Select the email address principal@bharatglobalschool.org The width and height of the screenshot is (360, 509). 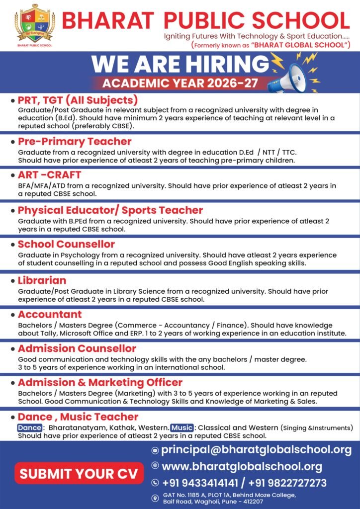[256, 450]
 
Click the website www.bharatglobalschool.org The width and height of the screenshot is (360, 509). [242, 466]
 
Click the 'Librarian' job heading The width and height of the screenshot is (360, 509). [42, 280]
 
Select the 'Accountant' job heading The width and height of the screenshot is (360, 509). [50, 314]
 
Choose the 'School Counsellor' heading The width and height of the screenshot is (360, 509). [66, 244]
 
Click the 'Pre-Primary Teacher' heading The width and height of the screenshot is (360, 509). [75, 141]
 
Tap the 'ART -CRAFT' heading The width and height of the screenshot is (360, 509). [49, 175]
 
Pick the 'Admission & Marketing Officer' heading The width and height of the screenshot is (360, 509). [100, 382]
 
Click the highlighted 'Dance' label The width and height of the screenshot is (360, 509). [29, 427]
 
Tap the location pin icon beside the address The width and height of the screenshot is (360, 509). [155, 498]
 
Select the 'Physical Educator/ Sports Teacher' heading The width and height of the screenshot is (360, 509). [110, 210]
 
